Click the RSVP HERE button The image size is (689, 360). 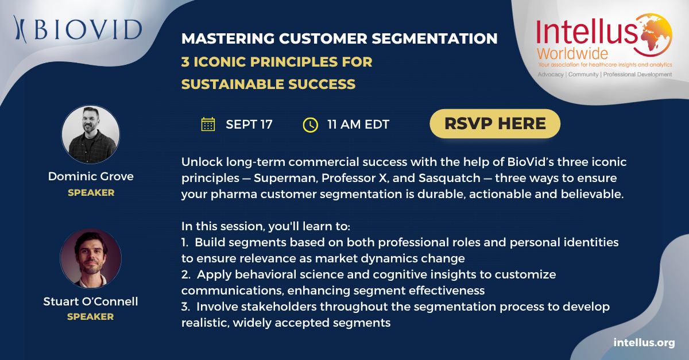coord(495,123)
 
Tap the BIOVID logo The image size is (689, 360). coord(78,29)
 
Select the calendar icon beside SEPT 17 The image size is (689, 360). coord(208,125)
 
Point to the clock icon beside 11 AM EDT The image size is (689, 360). coord(311,125)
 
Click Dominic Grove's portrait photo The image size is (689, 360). coord(91,134)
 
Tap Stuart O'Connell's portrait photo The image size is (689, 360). coord(91,258)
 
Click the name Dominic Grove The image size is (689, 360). coord(91,176)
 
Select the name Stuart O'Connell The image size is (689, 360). coord(91,301)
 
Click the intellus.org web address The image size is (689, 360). coord(644,342)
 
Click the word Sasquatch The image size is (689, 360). coord(450,178)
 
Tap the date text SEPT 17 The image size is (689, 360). coord(249,125)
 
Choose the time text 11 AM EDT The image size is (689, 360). coord(358,125)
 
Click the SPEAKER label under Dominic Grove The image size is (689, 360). coord(91,192)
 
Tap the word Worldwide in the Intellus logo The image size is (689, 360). coord(572,54)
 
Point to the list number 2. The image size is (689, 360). coord(186,274)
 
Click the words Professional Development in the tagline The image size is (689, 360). coord(637,75)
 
